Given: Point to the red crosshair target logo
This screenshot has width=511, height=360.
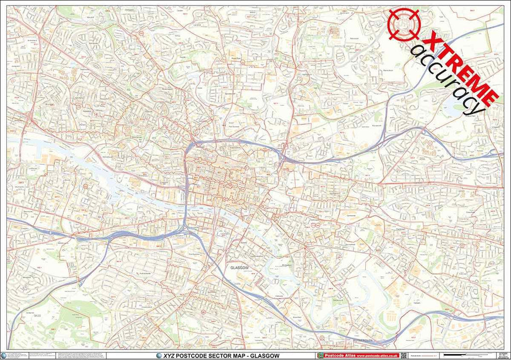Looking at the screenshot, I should (403, 23).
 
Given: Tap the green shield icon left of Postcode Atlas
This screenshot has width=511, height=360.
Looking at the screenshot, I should (320, 355).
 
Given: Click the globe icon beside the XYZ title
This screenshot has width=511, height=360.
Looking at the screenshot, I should (159, 355).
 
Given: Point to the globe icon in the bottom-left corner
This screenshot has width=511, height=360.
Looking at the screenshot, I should (4, 355).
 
